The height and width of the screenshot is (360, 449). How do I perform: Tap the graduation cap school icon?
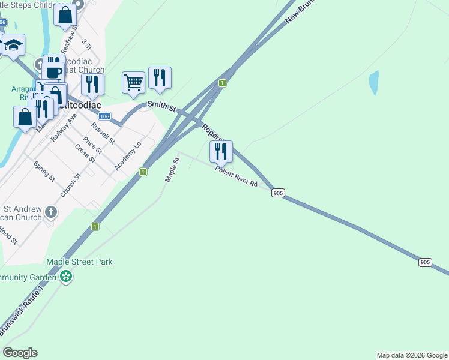coord(13,45)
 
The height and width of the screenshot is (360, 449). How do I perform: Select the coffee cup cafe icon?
coord(53,73)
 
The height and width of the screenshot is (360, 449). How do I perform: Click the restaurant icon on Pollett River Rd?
coord(221,151)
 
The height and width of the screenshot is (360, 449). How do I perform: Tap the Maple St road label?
coord(172,170)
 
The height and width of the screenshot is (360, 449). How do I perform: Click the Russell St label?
coord(103,133)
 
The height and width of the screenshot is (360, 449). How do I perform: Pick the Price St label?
coord(92,145)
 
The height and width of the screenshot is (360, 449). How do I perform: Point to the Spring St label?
coord(44,172)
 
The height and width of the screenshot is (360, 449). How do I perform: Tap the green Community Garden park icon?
coord(66,277)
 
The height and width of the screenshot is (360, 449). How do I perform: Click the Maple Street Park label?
coord(80,262)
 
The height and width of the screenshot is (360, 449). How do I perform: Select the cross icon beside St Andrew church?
coord(51,211)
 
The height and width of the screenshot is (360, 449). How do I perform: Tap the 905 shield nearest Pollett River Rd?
coord(277,193)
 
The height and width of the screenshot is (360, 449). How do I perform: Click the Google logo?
coord(20,353)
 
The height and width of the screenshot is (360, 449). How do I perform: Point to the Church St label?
coord(70,186)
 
